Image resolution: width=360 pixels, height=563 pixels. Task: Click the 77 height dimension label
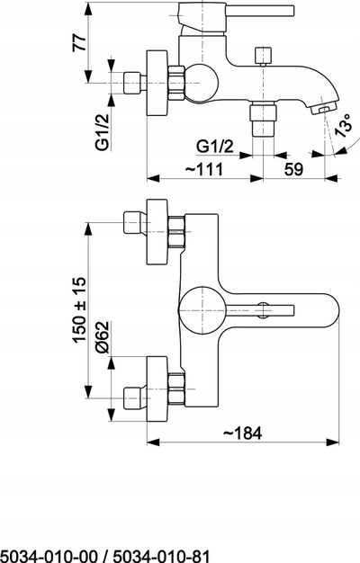pos(80,42)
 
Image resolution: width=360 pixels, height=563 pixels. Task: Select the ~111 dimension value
pos(204,169)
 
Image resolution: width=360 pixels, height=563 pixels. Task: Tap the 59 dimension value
pos(294,169)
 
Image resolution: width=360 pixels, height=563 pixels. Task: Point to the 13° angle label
pos(343,125)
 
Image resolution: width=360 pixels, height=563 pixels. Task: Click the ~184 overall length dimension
pos(243,433)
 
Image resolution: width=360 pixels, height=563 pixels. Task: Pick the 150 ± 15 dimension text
pos(80,309)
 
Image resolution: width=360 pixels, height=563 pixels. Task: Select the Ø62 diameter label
pos(102,337)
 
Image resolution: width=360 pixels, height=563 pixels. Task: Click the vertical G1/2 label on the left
pos(103,131)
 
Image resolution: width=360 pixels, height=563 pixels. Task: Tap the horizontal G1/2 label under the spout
pos(215,147)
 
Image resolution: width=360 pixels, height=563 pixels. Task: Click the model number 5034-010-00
pos(49,556)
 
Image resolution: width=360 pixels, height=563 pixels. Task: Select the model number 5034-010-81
pos(161,556)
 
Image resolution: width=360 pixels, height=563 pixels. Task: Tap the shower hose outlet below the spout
pos(264,119)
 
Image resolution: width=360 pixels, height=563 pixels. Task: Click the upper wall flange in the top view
pos(157,232)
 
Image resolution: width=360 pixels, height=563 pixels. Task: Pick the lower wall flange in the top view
pos(157,389)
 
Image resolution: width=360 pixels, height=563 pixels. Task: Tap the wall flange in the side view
pos(157,83)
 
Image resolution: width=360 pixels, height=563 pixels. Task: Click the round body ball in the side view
pos(202,83)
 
